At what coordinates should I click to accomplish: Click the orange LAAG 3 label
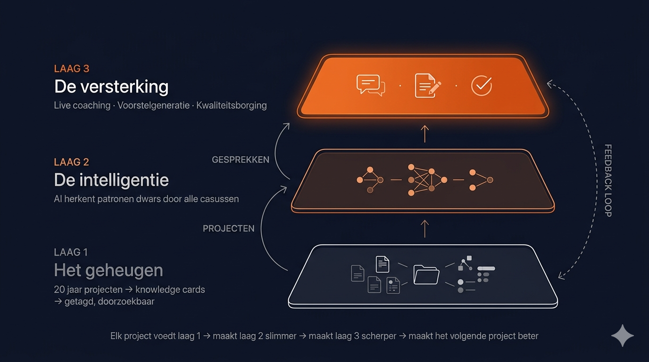pyautogui.click(x=72, y=69)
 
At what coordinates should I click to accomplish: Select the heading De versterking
pyautogui.click(x=111, y=87)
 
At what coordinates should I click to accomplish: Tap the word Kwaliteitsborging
pyautogui.click(x=232, y=105)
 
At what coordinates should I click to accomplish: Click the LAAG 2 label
pyautogui.click(x=72, y=162)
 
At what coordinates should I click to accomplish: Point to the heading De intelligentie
pyautogui.click(x=111, y=180)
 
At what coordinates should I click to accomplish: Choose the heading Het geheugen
pyautogui.click(x=108, y=270)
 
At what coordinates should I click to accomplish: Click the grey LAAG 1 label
pyautogui.click(x=71, y=252)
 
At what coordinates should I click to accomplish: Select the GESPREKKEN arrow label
pyautogui.click(x=241, y=160)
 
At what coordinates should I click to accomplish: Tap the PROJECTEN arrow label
pyautogui.click(x=229, y=229)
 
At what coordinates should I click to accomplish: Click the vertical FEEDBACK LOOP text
pyautogui.click(x=608, y=181)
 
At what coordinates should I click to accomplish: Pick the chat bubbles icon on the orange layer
pyautogui.click(x=371, y=85)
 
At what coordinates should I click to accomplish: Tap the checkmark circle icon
pyautogui.click(x=482, y=85)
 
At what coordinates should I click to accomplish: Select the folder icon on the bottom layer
pyautogui.click(x=426, y=274)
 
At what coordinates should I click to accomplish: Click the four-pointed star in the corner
pyautogui.click(x=623, y=336)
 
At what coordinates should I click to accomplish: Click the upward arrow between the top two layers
pyautogui.click(x=424, y=133)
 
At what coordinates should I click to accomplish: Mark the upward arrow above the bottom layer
pyautogui.click(x=424, y=228)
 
